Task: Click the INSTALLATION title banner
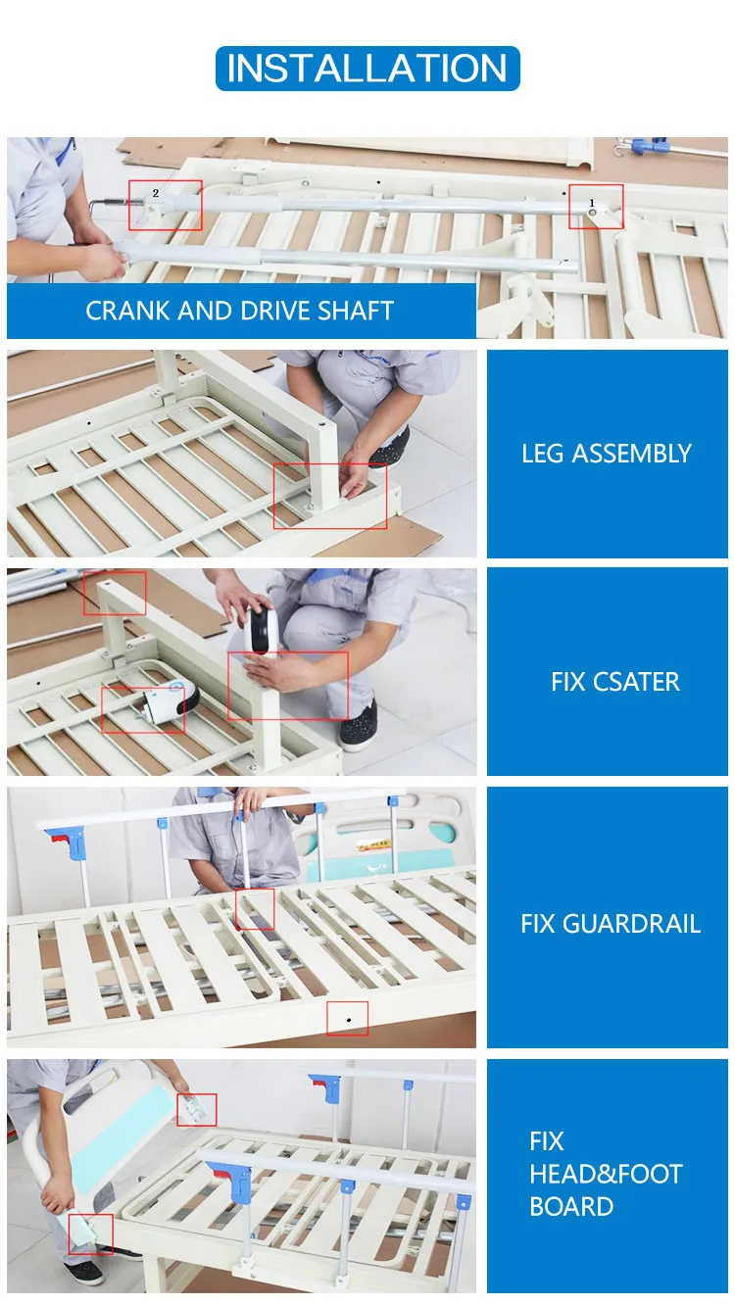tap(367, 69)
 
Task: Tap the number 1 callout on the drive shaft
tap(592, 203)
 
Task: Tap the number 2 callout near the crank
tap(156, 193)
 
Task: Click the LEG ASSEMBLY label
tap(607, 454)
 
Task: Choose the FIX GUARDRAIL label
tap(611, 924)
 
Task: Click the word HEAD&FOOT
tap(606, 1174)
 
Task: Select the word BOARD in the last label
tap(571, 1207)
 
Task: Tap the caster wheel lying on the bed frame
tap(169, 701)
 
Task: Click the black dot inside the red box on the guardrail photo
tap(348, 1020)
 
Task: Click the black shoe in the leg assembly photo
tap(389, 450)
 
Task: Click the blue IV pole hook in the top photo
tap(648, 146)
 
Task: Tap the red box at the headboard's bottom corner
tap(91, 1233)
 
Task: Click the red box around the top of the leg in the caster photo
tap(115, 593)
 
